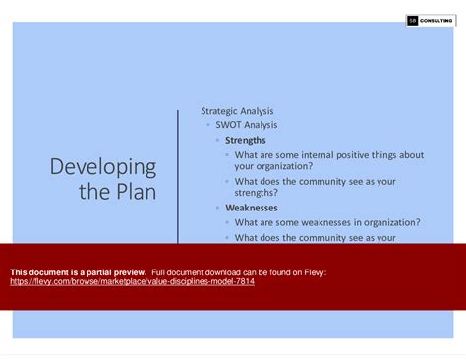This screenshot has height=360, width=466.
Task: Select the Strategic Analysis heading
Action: (x=237, y=111)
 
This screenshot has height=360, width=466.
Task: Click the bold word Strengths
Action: (x=245, y=140)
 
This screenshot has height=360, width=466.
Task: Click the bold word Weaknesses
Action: (x=251, y=208)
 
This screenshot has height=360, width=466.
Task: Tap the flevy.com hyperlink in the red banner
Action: (x=132, y=281)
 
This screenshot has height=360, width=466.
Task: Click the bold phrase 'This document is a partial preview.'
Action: (x=78, y=271)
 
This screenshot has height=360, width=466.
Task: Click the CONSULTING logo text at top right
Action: (x=440, y=21)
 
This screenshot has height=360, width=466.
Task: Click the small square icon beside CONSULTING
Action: (x=413, y=21)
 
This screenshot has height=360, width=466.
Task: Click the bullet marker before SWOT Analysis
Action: (x=207, y=126)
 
